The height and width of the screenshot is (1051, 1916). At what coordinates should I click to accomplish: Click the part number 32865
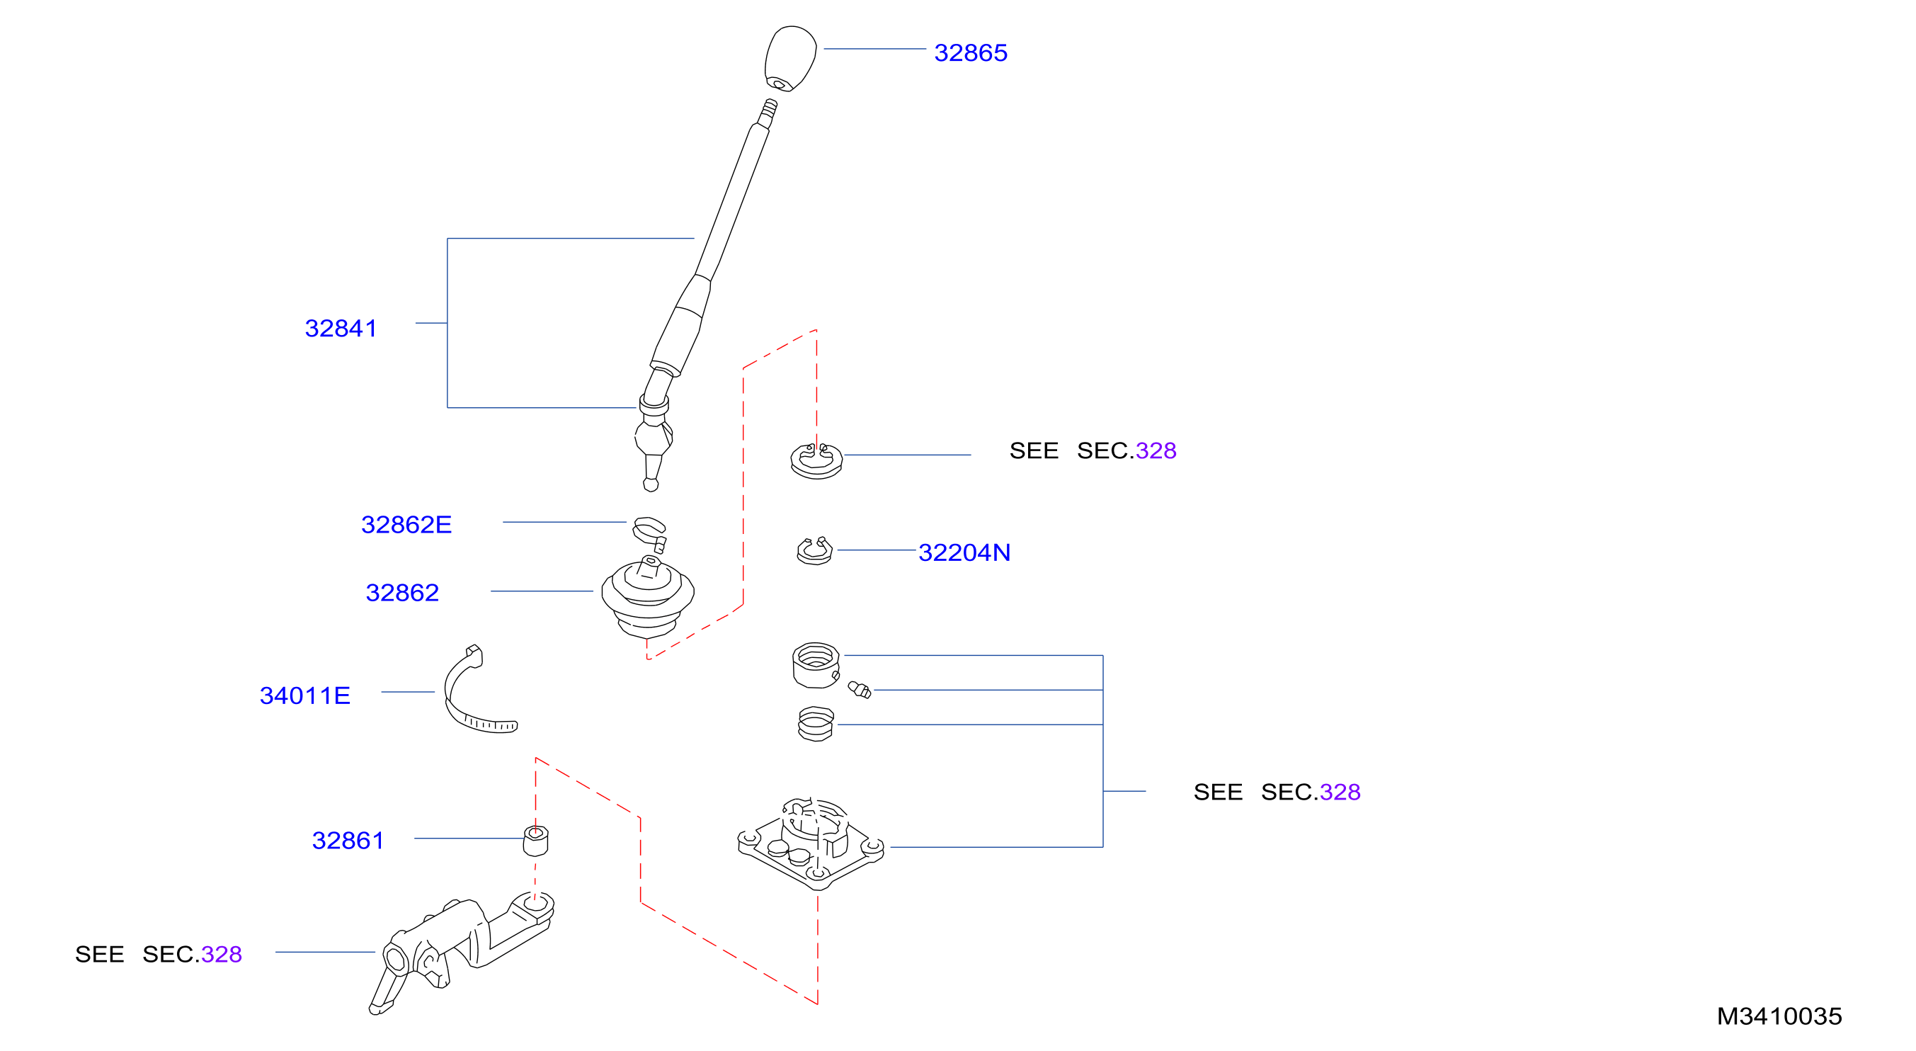tap(970, 53)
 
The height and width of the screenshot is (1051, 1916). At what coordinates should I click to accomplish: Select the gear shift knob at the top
tap(791, 58)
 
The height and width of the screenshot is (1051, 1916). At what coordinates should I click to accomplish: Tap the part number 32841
tap(341, 328)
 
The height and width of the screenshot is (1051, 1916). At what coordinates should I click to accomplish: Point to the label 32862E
tap(406, 524)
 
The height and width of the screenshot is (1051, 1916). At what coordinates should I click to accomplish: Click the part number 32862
tap(401, 593)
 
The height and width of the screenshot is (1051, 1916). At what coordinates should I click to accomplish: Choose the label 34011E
tap(304, 695)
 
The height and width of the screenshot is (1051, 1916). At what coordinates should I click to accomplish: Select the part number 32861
tap(348, 841)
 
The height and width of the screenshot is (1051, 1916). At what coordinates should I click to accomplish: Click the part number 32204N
tap(964, 552)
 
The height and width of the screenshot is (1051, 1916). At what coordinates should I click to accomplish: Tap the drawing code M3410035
tap(1779, 1016)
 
